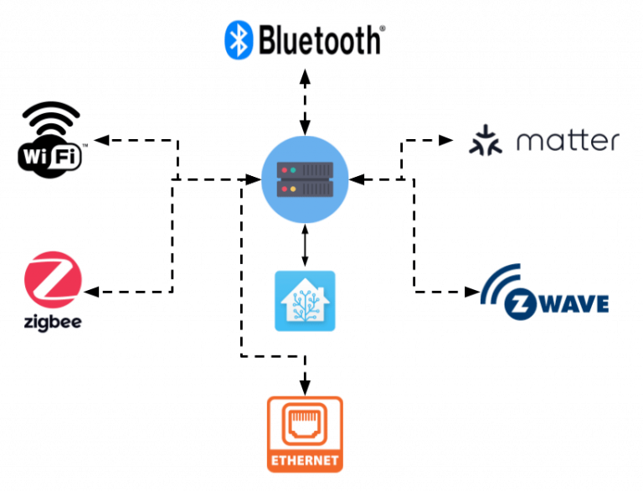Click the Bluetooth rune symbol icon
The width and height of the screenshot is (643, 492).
click(x=240, y=39)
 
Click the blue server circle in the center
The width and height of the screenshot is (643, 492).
click(x=304, y=180)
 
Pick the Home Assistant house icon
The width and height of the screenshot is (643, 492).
click(x=305, y=300)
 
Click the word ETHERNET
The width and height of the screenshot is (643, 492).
click(x=305, y=460)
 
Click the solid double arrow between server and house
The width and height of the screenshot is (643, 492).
click(x=305, y=247)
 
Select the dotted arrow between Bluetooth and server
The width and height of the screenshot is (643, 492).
click(x=305, y=101)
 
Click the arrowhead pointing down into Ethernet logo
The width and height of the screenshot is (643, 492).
click(x=305, y=386)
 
